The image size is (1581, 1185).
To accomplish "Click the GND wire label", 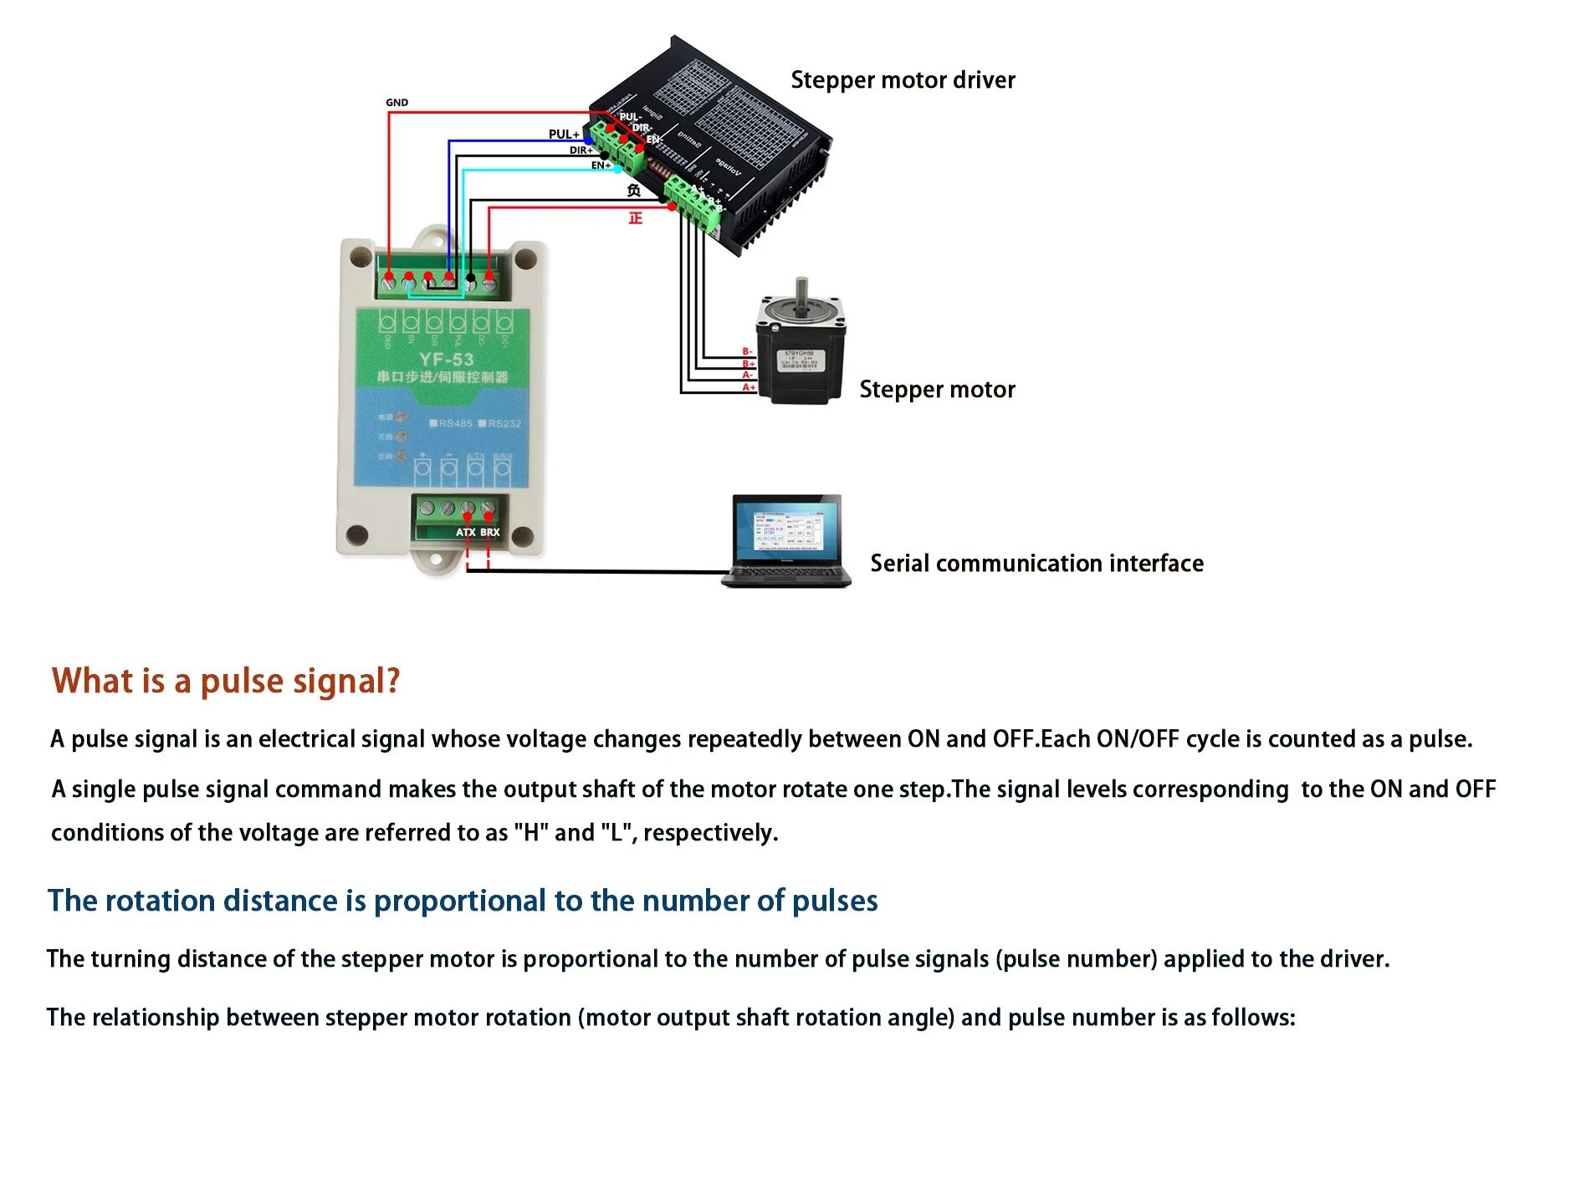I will (397, 103).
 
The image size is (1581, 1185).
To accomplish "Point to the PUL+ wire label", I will (563, 134).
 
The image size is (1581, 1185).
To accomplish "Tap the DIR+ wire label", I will (581, 151).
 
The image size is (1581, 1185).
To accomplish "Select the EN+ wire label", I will (601, 166).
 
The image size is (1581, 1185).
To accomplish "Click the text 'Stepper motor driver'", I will (903, 80).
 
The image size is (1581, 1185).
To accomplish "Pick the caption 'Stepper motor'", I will (937, 390).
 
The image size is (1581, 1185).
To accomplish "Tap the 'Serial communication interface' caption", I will (1036, 564).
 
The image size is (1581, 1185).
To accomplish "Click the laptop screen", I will (786, 529).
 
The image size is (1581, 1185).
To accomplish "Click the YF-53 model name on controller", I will (446, 360).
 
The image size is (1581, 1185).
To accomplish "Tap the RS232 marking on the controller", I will (504, 423).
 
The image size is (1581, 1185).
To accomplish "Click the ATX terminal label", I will (465, 532).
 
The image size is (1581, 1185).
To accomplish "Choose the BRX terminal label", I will (489, 532).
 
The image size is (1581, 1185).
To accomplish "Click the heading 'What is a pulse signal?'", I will (226, 682).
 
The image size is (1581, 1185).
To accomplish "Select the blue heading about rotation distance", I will (463, 901).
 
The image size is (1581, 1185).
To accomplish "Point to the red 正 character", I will (636, 218).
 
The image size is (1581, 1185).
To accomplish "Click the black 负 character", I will (634, 191).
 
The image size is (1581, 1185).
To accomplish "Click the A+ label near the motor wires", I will (749, 387).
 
